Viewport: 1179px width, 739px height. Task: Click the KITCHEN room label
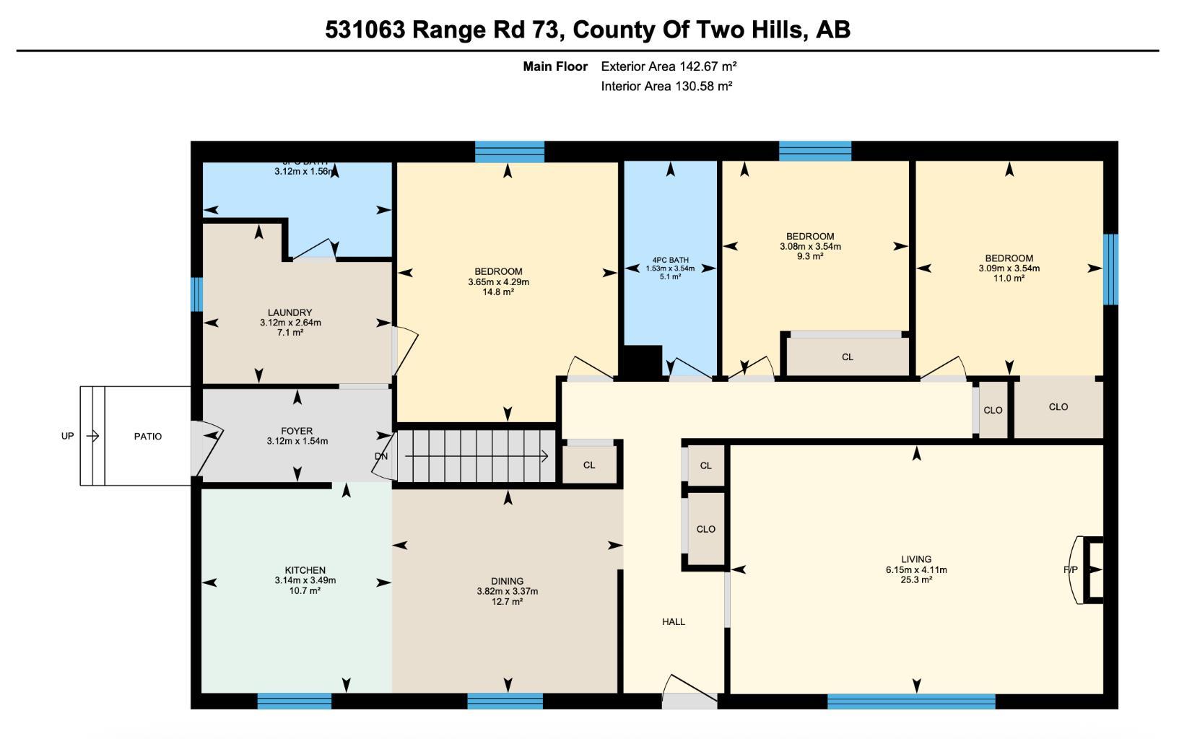click(x=305, y=570)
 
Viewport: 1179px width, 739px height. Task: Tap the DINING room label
click(x=507, y=581)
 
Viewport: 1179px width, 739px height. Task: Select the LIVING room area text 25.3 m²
click(x=916, y=580)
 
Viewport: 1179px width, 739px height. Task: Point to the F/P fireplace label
click(x=1070, y=570)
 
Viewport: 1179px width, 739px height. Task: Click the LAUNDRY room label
click(x=290, y=312)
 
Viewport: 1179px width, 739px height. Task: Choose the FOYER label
click(x=297, y=431)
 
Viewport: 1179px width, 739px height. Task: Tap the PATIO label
click(x=148, y=437)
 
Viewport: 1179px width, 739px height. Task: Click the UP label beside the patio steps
click(x=67, y=436)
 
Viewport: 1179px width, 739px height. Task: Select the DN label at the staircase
click(x=381, y=456)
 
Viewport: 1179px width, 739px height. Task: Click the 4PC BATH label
click(x=670, y=260)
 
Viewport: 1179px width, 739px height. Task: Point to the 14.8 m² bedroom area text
click(x=498, y=292)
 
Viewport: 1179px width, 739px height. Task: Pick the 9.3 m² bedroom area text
click(x=810, y=256)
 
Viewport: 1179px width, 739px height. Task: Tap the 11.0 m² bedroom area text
click(x=1009, y=278)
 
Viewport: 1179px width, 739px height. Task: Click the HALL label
click(x=674, y=621)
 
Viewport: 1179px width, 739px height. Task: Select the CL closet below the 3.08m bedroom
click(x=848, y=357)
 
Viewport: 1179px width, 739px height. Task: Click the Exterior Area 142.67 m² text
click(x=669, y=66)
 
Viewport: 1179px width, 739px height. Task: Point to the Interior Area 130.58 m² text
click(x=666, y=87)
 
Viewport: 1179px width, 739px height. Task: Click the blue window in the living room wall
click(x=911, y=701)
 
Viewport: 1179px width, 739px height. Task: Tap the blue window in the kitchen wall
click(x=294, y=701)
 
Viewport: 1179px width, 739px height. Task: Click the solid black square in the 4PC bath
click(x=641, y=361)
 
